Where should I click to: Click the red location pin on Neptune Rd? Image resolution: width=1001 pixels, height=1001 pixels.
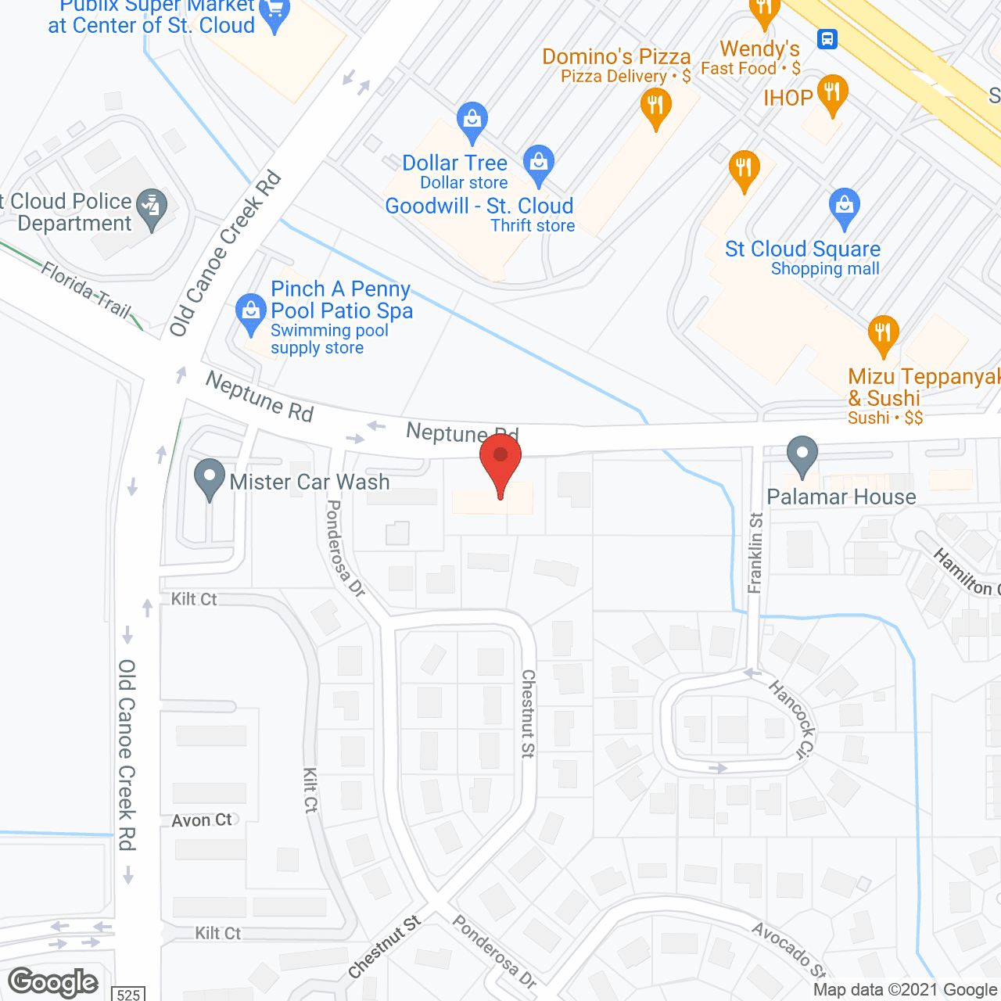pyautogui.click(x=500, y=457)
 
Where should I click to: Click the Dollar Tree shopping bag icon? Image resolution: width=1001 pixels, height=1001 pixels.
pyautogui.click(x=472, y=120)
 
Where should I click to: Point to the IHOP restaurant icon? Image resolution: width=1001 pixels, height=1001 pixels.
pyautogui.click(x=832, y=93)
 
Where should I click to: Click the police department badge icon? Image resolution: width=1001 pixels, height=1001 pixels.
pyautogui.click(x=151, y=207)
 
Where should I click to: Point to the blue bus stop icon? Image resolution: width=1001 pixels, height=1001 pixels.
pyautogui.click(x=827, y=38)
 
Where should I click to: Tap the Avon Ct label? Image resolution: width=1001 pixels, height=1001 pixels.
pyautogui.click(x=203, y=820)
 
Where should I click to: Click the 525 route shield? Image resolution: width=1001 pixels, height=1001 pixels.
pyautogui.click(x=128, y=994)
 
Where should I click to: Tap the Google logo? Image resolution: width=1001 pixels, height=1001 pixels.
pyautogui.click(x=53, y=982)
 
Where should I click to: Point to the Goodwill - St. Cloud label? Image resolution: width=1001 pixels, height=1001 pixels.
pyautogui.click(x=479, y=206)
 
